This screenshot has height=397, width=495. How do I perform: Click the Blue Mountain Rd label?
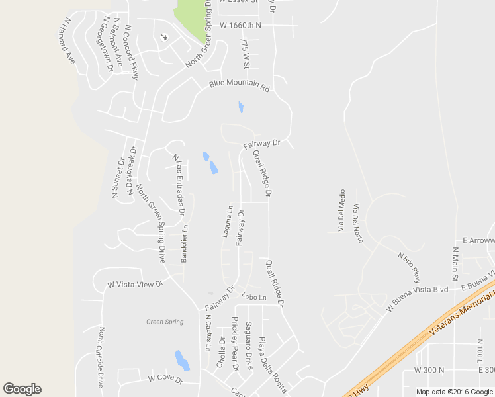point(240,86)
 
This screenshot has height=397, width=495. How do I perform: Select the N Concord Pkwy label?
point(131,53)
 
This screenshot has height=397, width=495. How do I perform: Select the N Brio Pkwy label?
point(409,266)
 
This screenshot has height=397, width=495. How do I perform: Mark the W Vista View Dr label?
point(135,285)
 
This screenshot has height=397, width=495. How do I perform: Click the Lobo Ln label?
point(253,297)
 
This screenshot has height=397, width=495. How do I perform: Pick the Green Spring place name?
point(165,322)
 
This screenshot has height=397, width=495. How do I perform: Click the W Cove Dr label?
point(165,378)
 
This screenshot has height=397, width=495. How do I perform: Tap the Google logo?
point(22,389)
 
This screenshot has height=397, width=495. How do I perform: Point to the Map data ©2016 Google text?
point(455,392)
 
